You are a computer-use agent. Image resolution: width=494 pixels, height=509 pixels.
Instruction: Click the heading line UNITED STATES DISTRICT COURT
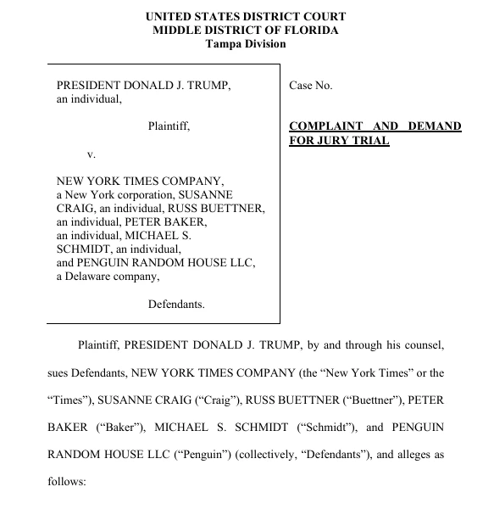pos(246,16)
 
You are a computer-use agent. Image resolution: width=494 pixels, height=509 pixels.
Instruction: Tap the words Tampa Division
pos(246,44)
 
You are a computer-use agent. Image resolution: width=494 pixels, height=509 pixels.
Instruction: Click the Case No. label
pos(311,86)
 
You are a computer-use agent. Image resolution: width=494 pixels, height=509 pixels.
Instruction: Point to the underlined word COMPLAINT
pos(326,126)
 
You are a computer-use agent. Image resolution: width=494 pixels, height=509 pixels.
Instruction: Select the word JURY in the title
pos(334,141)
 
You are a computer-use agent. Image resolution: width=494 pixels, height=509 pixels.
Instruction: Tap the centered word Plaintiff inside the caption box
pos(169,126)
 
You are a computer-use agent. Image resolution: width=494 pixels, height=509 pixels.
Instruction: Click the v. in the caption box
pos(92,155)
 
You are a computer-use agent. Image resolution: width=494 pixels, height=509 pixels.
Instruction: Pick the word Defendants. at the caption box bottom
pos(176,304)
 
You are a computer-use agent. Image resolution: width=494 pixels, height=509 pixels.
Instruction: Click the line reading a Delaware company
pos(108,276)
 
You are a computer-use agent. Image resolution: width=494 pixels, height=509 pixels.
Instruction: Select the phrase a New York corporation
pos(110,194)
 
